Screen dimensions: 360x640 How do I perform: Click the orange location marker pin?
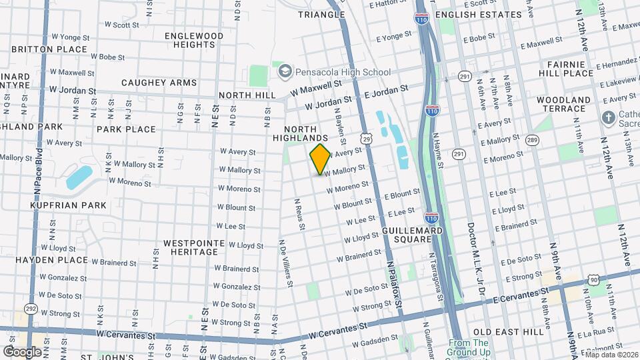coord(321,159)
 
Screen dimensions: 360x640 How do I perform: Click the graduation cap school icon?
coord(285,70)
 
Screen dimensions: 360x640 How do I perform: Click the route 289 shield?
coord(531,139)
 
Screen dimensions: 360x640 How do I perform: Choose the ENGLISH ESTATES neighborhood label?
coord(478,15)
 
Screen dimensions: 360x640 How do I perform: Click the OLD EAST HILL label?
coord(505,331)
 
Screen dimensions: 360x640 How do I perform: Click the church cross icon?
coord(608,118)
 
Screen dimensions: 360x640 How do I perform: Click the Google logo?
coord(22,351)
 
